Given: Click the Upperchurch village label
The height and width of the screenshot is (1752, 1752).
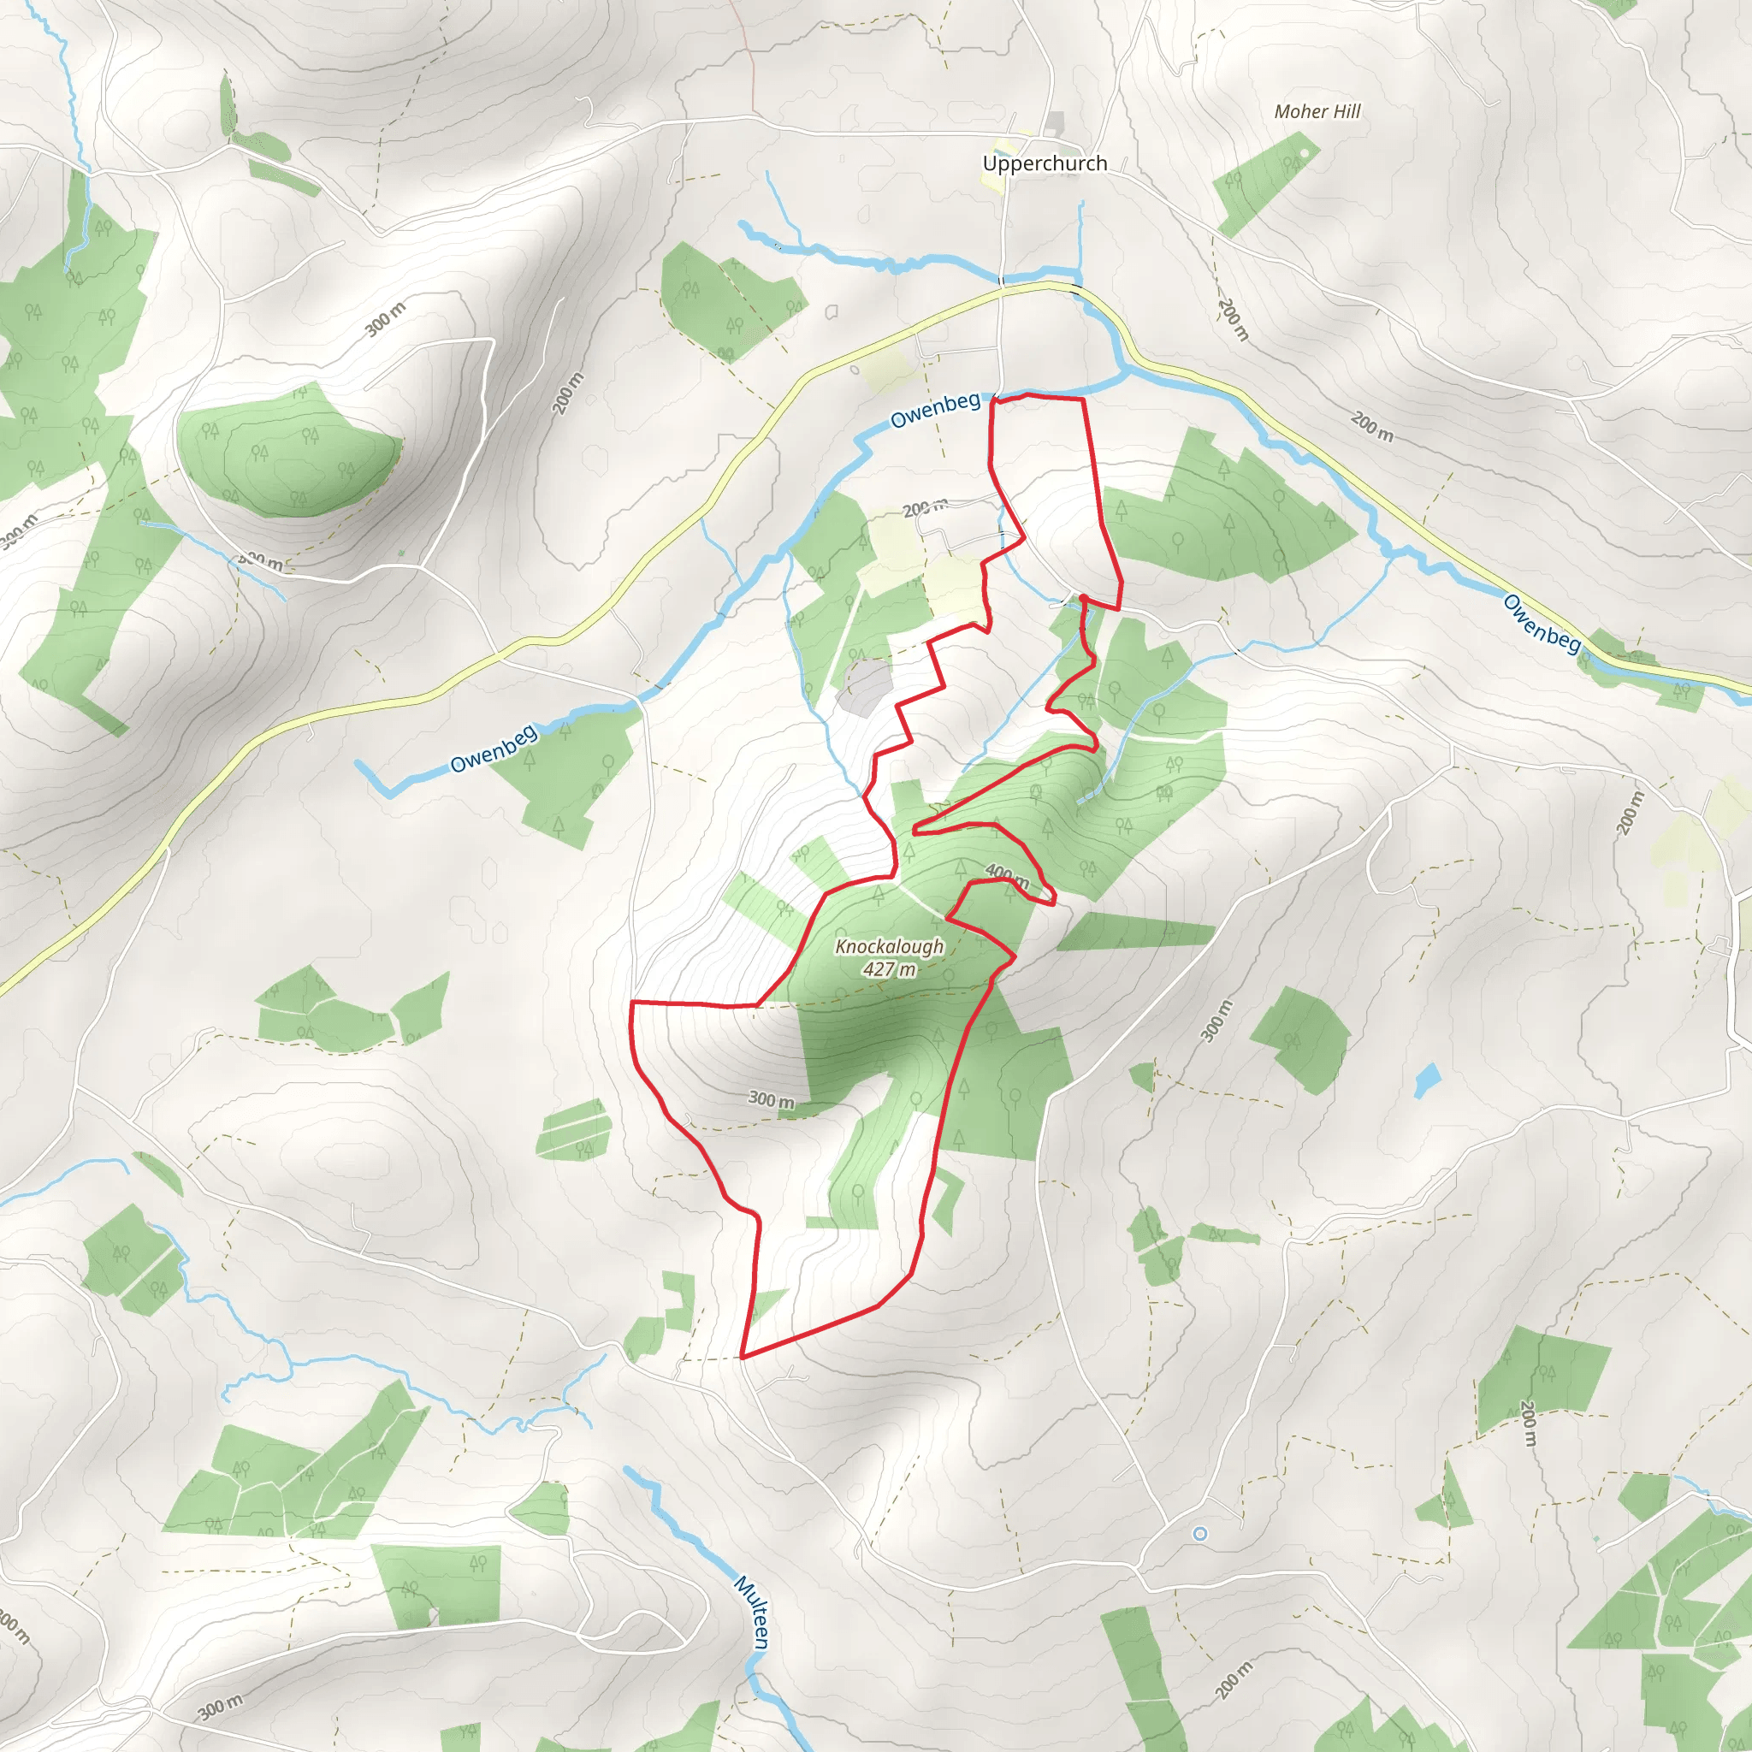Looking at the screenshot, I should coord(1045,163).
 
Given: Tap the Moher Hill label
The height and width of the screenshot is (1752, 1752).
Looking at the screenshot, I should coord(1317,111).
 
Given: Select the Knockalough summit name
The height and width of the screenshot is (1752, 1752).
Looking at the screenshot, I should coord(889,947).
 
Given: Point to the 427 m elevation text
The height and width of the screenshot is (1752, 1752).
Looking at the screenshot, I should coord(889,969).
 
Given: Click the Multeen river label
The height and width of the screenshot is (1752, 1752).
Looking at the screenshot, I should coord(753,1612).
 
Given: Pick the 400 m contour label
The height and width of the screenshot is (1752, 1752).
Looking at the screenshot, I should coord(1007,876).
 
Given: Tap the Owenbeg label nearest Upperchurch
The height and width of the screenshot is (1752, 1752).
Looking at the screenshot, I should coord(935,410).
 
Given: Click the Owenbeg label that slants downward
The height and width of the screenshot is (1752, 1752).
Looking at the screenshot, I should coord(1542,623).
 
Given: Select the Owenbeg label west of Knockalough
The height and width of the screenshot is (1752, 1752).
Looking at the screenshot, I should coord(494,749).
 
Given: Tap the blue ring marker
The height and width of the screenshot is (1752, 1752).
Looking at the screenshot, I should coord(1199,1534).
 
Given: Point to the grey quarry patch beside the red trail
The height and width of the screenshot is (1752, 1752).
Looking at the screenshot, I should coord(864,685).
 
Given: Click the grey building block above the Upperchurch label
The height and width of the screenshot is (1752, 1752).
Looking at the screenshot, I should coord(1054,124).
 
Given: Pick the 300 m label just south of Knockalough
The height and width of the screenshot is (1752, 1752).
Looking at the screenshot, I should coord(771,1100).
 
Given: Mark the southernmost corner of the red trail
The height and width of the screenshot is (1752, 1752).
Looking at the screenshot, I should coord(742,1358).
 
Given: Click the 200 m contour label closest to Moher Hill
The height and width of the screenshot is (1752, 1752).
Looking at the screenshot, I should coord(1234,320).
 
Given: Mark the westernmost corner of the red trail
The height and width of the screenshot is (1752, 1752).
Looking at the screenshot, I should coord(631,1003).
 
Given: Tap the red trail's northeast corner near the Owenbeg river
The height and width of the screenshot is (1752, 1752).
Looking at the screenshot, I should coord(1083,398).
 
